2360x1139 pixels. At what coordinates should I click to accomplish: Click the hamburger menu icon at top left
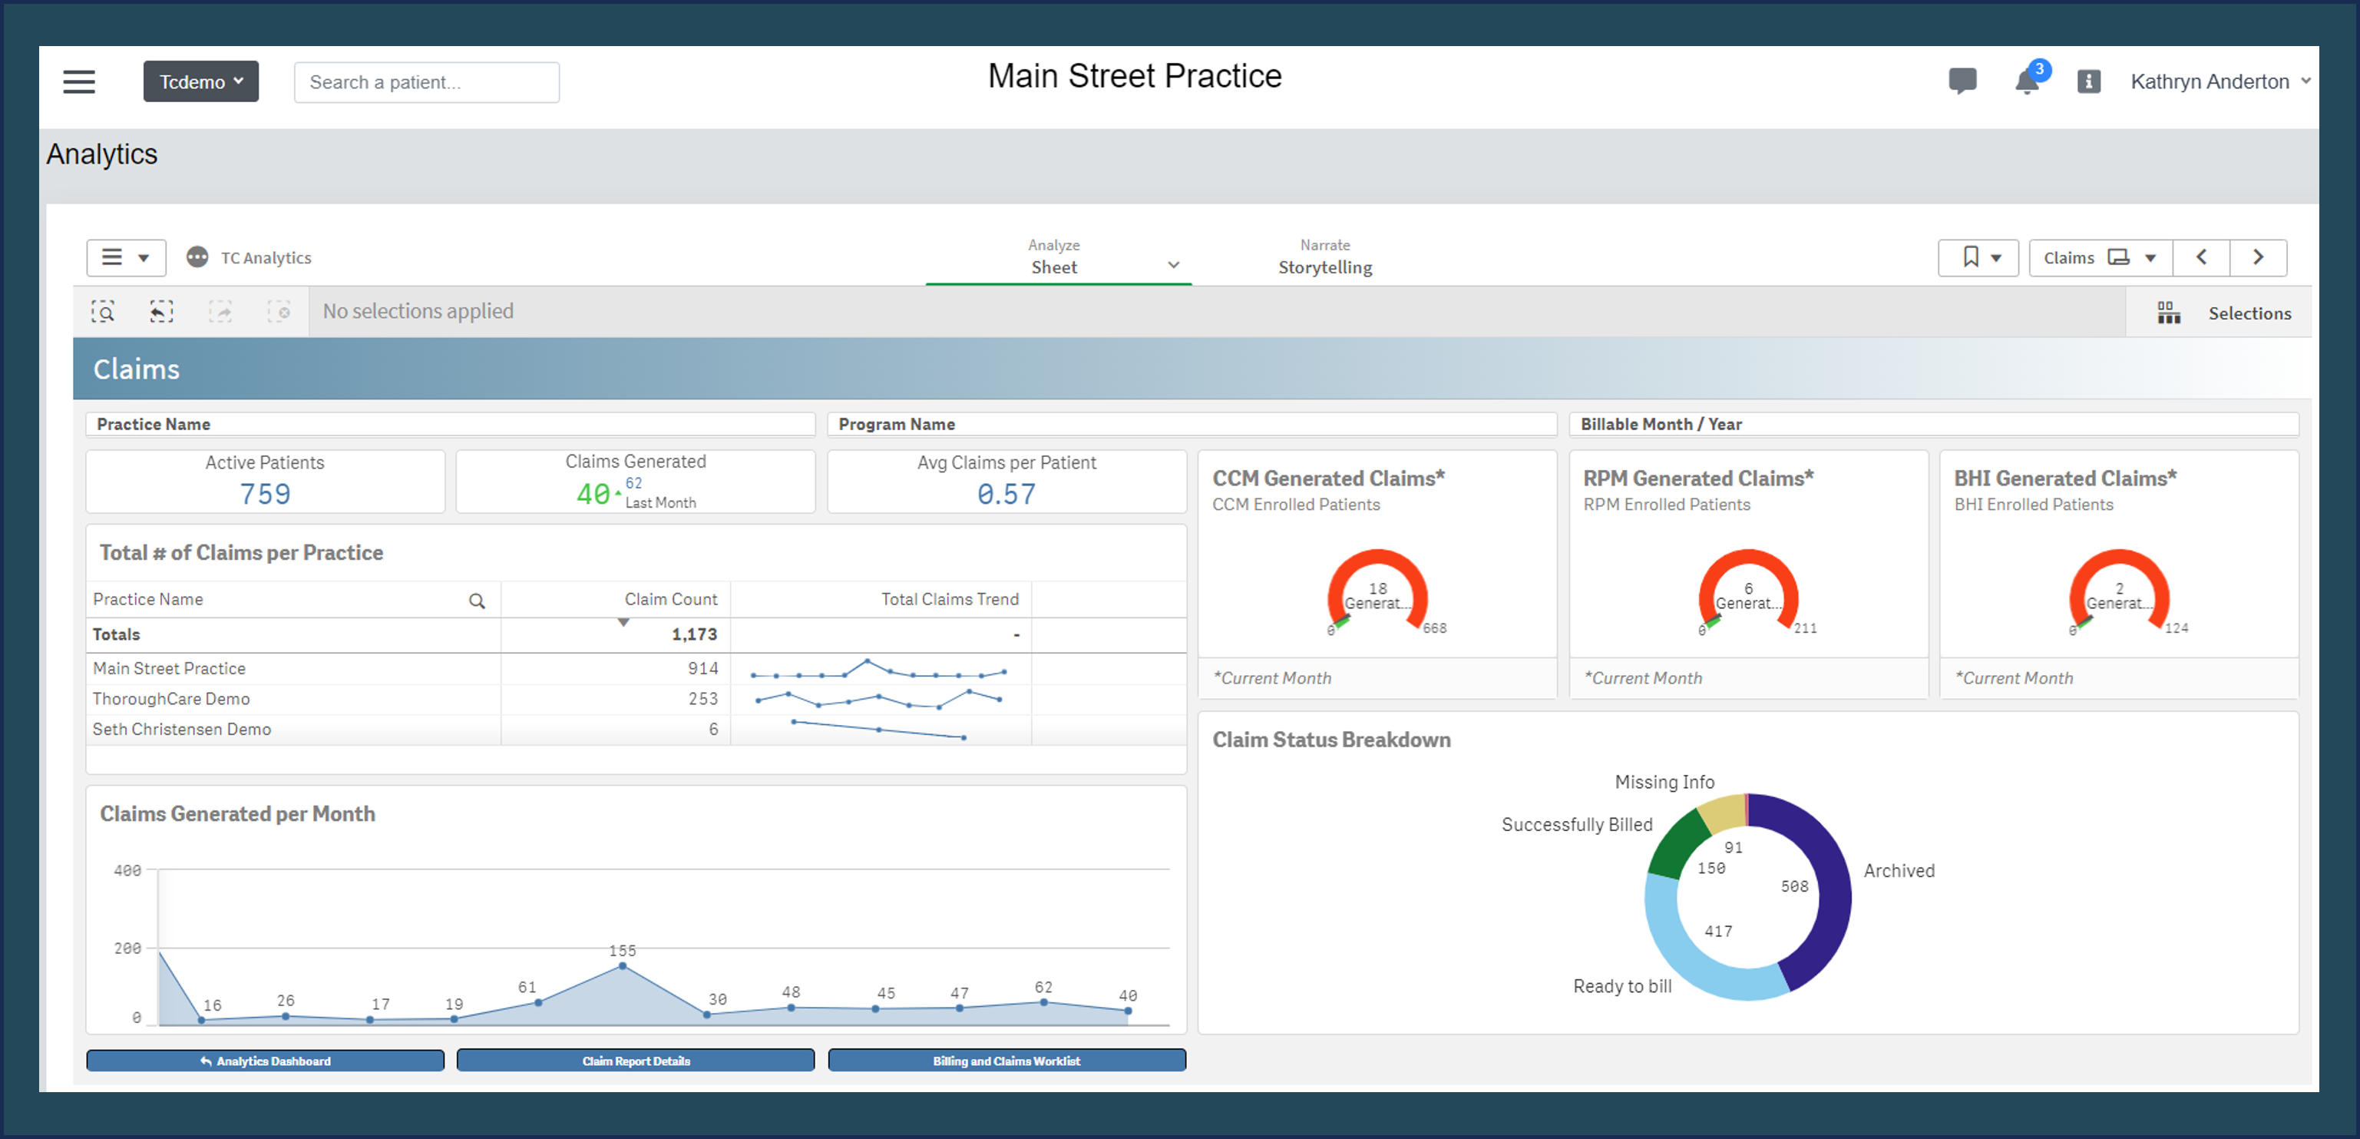coord(79,81)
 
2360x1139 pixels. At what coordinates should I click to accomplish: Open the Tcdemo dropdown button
coord(200,81)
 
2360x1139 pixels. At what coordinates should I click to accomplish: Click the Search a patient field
coord(426,82)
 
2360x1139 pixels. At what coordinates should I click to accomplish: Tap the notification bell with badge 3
coord(2028,81)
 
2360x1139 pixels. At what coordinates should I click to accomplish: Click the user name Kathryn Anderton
coord(2209,81)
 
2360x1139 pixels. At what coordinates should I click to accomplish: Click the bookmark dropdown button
coord(1977,257)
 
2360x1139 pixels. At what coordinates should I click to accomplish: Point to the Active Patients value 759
coord(265,494)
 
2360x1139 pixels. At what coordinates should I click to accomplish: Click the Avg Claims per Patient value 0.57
coord(1005,494)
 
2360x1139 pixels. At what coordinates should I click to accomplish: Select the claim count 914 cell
coord(702,668)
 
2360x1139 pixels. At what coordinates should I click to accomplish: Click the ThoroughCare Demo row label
coord(171,698)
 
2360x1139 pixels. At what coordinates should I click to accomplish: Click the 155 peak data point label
coord(622,950)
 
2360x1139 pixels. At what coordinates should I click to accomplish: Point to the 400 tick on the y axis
coord(127,869)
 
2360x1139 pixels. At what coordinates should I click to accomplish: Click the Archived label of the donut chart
coord(1899,870)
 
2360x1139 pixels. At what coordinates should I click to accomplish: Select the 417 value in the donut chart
coord(1717,931)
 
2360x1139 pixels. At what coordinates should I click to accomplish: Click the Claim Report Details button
coord(635,1060)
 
